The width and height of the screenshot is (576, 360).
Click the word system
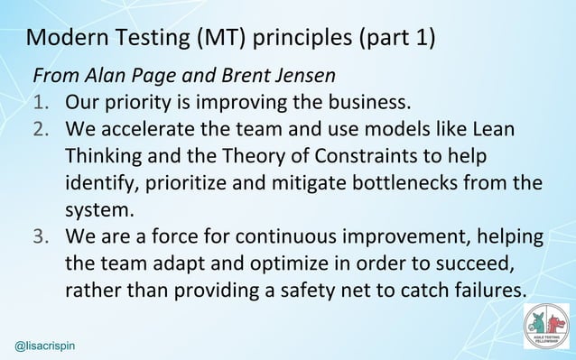[x=98, y=211]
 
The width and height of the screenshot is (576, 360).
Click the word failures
[x=488, y=294]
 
